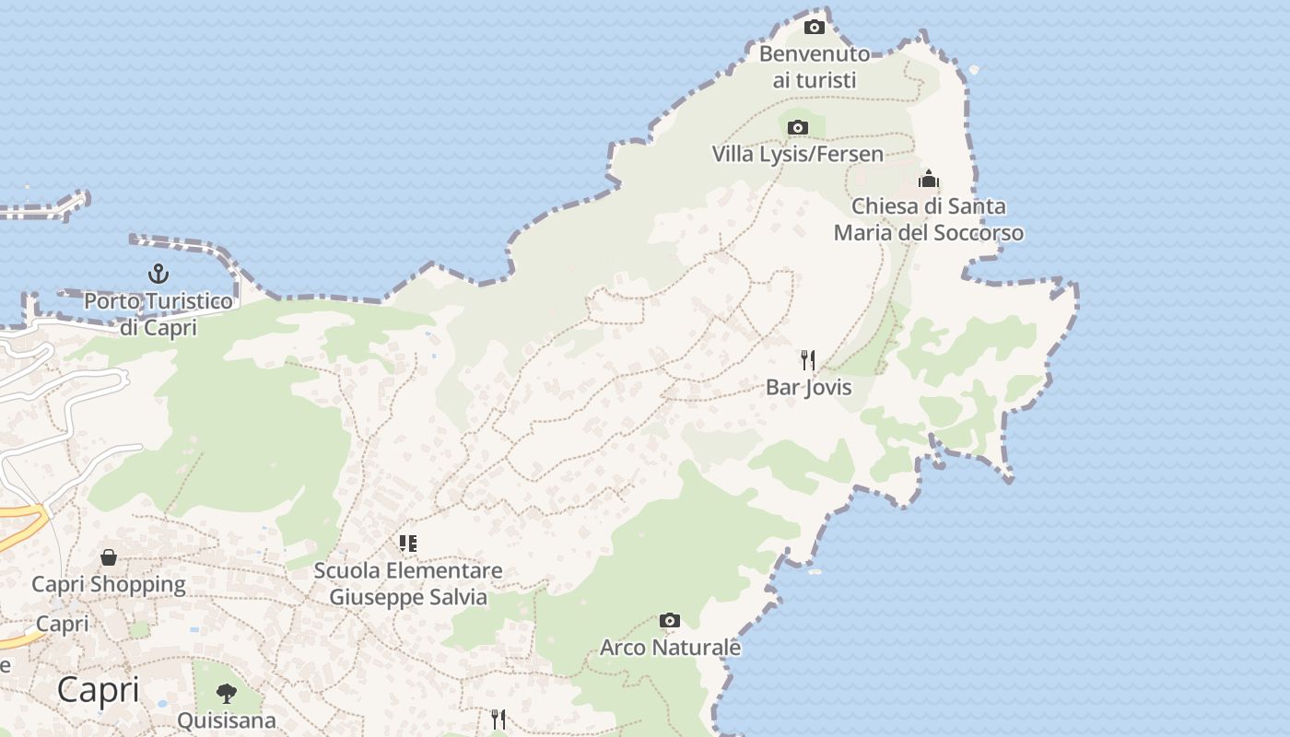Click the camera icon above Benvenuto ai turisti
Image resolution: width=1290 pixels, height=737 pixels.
tap(815, 27)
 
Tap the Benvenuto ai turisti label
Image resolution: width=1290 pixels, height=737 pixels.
tap(815, 67)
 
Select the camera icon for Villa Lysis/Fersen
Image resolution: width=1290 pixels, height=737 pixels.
tap(798, 128)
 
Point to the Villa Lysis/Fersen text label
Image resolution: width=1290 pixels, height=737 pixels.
tap(798, 154)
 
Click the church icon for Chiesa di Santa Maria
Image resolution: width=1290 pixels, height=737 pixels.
tap(929, 178)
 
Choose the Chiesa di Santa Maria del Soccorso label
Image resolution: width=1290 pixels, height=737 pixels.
tap(929, 219)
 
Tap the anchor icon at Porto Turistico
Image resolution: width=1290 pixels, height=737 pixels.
tap(158, 274)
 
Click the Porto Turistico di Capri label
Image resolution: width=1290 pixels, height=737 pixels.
tap(158, 314)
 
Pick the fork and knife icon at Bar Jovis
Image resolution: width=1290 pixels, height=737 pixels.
tap(808, 359)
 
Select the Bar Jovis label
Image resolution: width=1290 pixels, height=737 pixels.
tap(808, 387)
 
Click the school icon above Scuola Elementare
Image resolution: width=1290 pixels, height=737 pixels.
tap(408, 544)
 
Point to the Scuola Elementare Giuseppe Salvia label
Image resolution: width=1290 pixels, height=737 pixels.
tap(408, 583)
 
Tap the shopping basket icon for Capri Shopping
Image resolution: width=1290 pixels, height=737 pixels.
tap(109, 557)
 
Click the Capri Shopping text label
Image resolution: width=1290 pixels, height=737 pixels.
tap(109, 584)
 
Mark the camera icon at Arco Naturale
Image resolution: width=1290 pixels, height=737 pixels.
tap(670, 621)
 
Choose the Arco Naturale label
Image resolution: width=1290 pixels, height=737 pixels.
tap(670, 648)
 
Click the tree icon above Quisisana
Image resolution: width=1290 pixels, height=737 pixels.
tap(226, 693)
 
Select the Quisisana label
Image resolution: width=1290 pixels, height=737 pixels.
tap(226, 719)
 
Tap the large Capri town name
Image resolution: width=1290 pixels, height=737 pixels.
tap(98, 689)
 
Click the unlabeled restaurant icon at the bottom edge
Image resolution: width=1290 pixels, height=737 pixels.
tap(498, 719)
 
